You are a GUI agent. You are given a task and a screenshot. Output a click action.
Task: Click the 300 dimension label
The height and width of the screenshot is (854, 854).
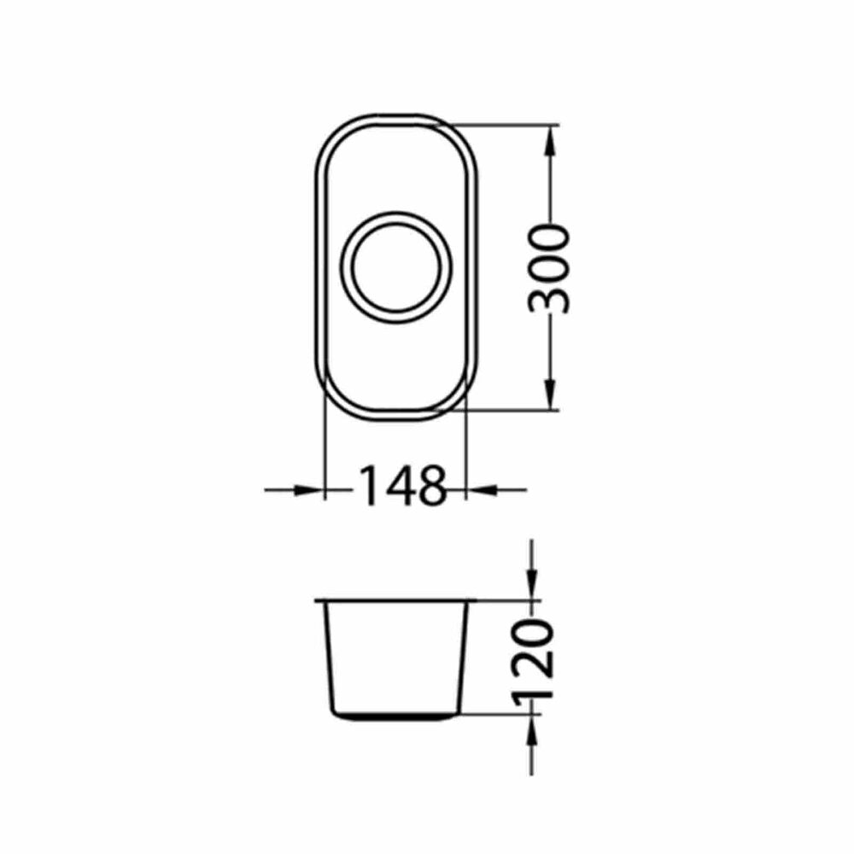(x=549, y=270)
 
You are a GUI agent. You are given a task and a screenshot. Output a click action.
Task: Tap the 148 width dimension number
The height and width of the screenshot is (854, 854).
(x=403, y=485)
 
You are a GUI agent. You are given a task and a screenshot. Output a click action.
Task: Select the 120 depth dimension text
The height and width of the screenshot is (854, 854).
(x=533, y=658)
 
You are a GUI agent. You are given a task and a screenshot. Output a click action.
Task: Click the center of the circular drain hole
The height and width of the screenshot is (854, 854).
(x=396, y=266)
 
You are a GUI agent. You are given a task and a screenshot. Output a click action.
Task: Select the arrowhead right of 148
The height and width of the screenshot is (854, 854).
(x=483, y=490)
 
